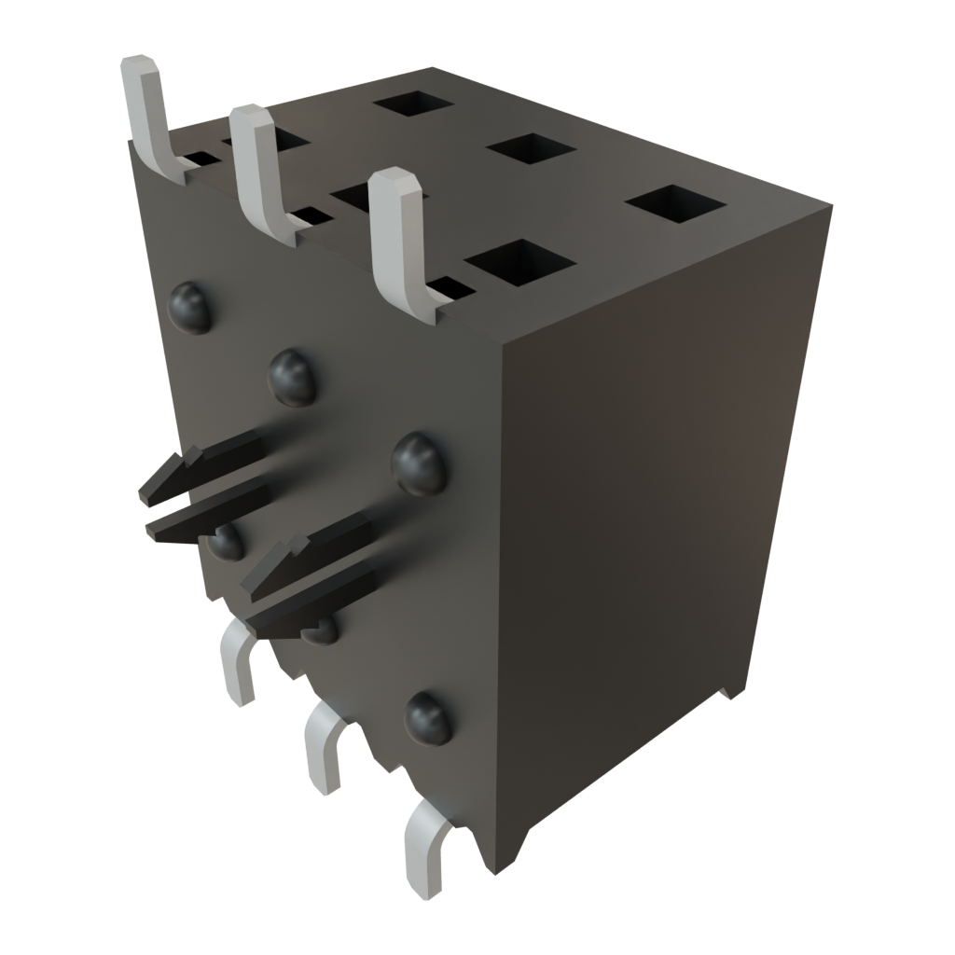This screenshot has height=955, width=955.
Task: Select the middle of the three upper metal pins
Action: pyautogui.click(x=257, y=168)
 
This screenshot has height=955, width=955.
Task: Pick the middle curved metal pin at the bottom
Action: pyautogui.click(x=322, y=746)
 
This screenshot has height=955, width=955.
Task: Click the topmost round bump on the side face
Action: pyautogui.click(x=191, y=307)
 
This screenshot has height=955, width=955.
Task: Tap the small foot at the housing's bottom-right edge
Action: pyautogui.click(x=727, y=692)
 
